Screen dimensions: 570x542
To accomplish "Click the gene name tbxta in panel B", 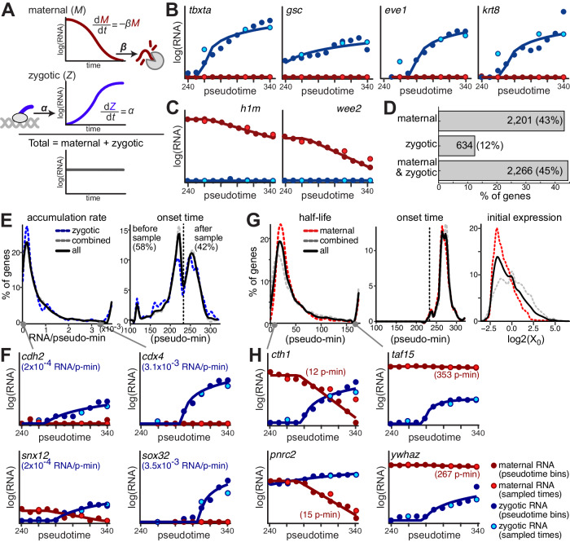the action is click(199, 10).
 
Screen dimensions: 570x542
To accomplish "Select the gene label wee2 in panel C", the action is click(349, 108).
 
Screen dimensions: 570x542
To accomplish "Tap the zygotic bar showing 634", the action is click(457, 146).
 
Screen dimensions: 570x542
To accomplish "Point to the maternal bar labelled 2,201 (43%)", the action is click(502, 121).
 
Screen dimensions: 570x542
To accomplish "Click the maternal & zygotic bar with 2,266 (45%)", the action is click(503, 170).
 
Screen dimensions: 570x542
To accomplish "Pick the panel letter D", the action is click(390, 108).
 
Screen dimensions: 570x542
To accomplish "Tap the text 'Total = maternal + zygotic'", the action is click(85, 143).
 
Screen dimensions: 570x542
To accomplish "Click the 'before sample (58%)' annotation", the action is click(146, 238).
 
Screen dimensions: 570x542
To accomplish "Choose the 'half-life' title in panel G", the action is click(315, 218).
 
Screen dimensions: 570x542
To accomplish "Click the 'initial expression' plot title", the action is click(524, 218).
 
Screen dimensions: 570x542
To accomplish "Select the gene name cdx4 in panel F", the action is click(151, 355).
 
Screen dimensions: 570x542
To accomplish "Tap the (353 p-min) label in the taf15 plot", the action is click(456, 375).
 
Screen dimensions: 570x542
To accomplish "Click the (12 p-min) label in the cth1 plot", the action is click(326, 372).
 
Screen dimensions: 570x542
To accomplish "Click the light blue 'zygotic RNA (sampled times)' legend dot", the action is click(493, 526).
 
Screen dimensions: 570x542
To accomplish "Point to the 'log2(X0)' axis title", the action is click(524, 339).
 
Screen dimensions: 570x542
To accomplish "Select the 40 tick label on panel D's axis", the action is click(555, 187).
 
